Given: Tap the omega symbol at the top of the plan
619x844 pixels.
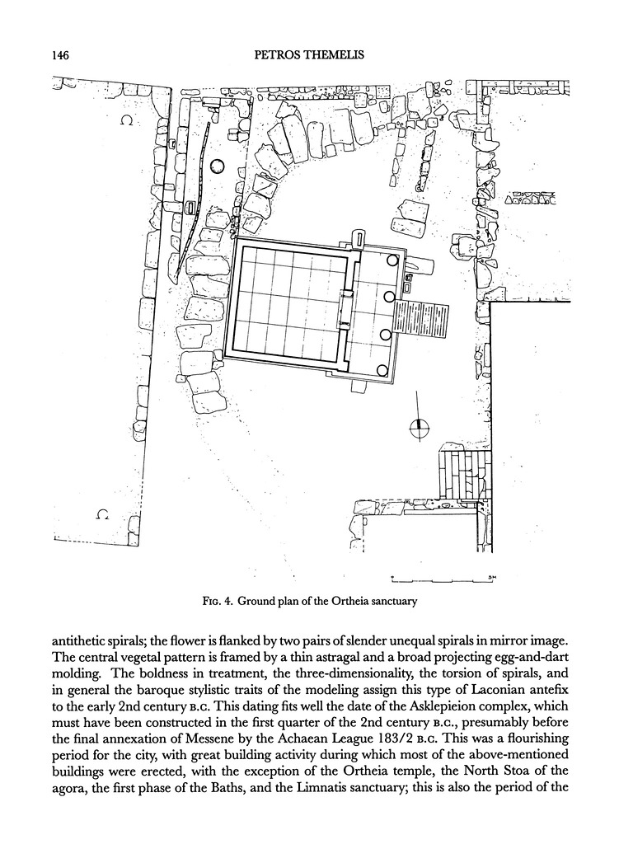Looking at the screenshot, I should (126, 120).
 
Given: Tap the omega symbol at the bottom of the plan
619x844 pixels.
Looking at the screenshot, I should (102, 515).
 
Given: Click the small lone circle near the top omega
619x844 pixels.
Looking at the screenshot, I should (217, 166).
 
